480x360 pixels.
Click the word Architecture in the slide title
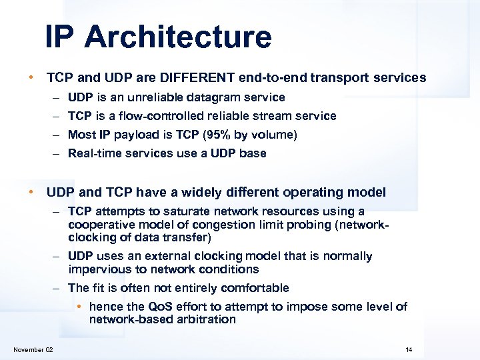point(178,37)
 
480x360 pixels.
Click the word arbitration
point(206,319)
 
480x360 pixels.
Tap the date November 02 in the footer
point(33,350)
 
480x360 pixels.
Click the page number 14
point(409,350)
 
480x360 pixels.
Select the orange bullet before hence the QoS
point(79,307)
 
